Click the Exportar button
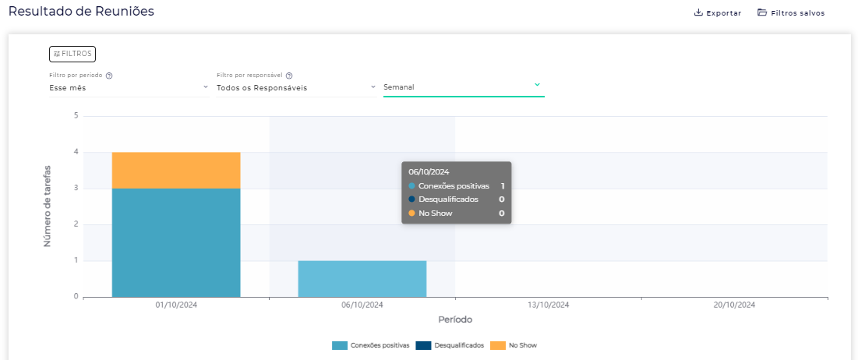point(718,12)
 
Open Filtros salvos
point(791,12)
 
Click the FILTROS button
point(72,54)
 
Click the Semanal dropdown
point(463,86)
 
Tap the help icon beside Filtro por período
point(109,76)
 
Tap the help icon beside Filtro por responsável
point(289,76)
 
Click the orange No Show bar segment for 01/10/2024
point(176,170)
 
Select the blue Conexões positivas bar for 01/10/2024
point(176,242)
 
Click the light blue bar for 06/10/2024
point(362,278)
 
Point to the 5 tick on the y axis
point(76,115)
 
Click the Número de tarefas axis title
point(47,206)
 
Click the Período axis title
point(454,319)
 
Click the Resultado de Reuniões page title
point(81,11)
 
